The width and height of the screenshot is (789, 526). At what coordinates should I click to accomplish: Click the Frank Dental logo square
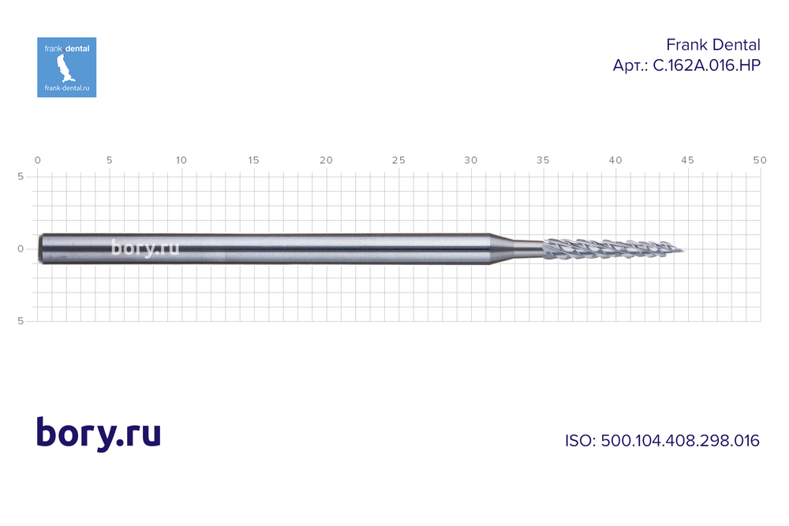[x=66, y=67]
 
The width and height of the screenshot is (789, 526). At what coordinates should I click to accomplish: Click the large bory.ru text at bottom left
[x=99, y=434]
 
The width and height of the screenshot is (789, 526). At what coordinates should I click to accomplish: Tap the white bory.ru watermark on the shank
[x=145, y=248]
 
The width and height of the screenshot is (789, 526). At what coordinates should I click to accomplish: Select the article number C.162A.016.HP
[x=686, y=66]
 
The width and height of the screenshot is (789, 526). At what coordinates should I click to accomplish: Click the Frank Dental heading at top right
[x=713, y=45]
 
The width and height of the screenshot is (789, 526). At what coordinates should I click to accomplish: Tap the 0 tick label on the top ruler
[x=38, y=160]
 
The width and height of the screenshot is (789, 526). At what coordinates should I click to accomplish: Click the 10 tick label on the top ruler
[x=181, y=160]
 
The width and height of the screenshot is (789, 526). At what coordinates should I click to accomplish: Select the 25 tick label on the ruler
[x=398, y=160]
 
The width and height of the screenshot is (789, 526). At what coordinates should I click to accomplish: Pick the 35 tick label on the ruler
[x=543, y=160]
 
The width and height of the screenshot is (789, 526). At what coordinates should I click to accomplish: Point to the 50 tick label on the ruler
[x=759, y=160]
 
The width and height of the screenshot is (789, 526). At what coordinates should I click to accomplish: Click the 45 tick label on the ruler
[x=687, y=160]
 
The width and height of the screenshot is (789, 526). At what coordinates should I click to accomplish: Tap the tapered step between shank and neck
[x=500, y=249]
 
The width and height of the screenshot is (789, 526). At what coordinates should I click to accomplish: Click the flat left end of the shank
[x=40, y=249]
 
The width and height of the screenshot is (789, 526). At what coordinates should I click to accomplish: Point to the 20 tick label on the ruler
[x=326, y=160]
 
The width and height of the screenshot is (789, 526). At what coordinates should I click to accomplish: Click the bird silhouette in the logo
[x=67, y=70]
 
